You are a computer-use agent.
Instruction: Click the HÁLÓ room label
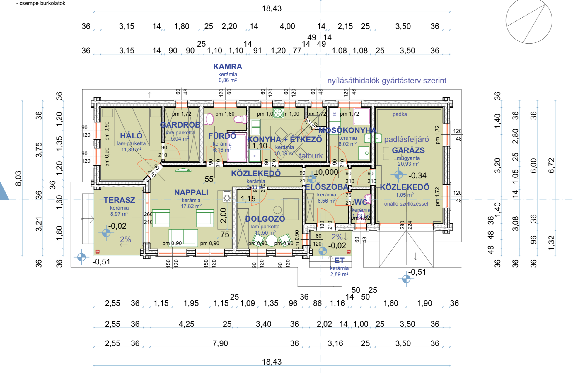pos(131,136)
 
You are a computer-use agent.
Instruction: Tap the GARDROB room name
pos(180,125)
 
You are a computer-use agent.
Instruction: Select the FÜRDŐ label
pos(222,136)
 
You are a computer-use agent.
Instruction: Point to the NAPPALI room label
pos(191,193)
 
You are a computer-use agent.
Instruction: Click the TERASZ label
pos(119,200)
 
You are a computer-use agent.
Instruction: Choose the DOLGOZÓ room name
pos(265,219)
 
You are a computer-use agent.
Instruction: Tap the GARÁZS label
pos(408,150)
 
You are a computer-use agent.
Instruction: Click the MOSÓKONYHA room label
pos(347,130)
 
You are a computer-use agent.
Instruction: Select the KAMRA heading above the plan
pos(228,67)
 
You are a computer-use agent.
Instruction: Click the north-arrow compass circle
pos(529,21)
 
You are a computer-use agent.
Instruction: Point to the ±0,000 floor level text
pos(326,172)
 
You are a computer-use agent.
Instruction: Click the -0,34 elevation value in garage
pos(417,176)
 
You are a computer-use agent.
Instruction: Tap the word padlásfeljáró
pos(406,140)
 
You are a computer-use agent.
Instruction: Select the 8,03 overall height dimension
pos(18,178)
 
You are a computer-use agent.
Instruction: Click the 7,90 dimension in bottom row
pos(220,343)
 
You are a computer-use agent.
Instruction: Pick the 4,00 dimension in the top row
pos(287,26)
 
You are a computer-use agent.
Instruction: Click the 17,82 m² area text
pos(191,206)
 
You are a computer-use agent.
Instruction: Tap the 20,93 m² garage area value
pos(408,164)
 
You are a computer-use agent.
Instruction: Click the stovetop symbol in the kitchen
pos(278,113)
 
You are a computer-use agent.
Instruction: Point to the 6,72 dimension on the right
pos(551,166)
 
